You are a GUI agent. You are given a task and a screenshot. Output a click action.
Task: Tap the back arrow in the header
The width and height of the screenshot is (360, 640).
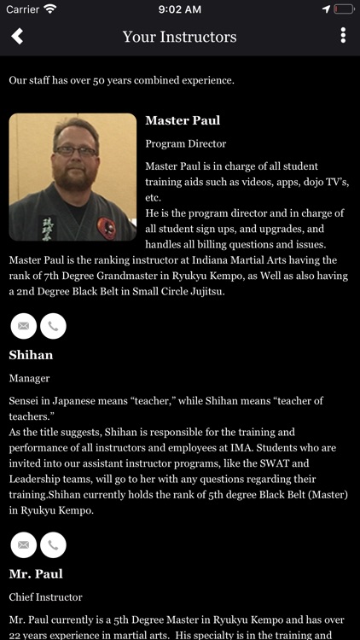(17, 36)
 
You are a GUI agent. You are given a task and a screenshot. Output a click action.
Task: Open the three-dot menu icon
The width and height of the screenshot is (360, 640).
(343, 36)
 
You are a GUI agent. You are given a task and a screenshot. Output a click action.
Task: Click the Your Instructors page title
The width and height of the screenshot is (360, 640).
(179, 37)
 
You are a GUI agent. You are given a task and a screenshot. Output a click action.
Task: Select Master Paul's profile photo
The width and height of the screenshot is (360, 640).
(73, 177)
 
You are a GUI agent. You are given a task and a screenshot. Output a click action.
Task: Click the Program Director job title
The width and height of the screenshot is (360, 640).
(186, 143)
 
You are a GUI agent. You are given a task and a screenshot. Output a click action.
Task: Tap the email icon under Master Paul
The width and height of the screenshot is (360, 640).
(23, 325)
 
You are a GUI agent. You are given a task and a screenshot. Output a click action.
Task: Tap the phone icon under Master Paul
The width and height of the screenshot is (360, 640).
(53, 325)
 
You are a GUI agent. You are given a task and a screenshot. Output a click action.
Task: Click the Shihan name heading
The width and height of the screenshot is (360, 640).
(31, 354)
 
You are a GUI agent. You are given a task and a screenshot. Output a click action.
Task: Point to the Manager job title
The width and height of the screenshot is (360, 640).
(29, 377)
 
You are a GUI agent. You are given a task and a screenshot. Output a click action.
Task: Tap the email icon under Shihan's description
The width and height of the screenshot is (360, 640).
(23, 544)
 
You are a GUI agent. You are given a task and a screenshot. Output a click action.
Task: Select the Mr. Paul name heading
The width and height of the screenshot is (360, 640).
(36, 573)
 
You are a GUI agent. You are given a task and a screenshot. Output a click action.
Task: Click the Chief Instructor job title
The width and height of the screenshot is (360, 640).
(45, 596)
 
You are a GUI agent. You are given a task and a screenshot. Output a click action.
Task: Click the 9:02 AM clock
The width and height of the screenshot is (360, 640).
(179, 9)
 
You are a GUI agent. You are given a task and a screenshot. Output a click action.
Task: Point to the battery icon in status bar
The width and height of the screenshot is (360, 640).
(344, 9)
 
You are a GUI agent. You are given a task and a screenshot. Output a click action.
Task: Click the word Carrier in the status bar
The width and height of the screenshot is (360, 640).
(22, 9)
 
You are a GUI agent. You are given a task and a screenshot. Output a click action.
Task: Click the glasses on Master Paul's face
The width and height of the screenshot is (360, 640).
(75, 150)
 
